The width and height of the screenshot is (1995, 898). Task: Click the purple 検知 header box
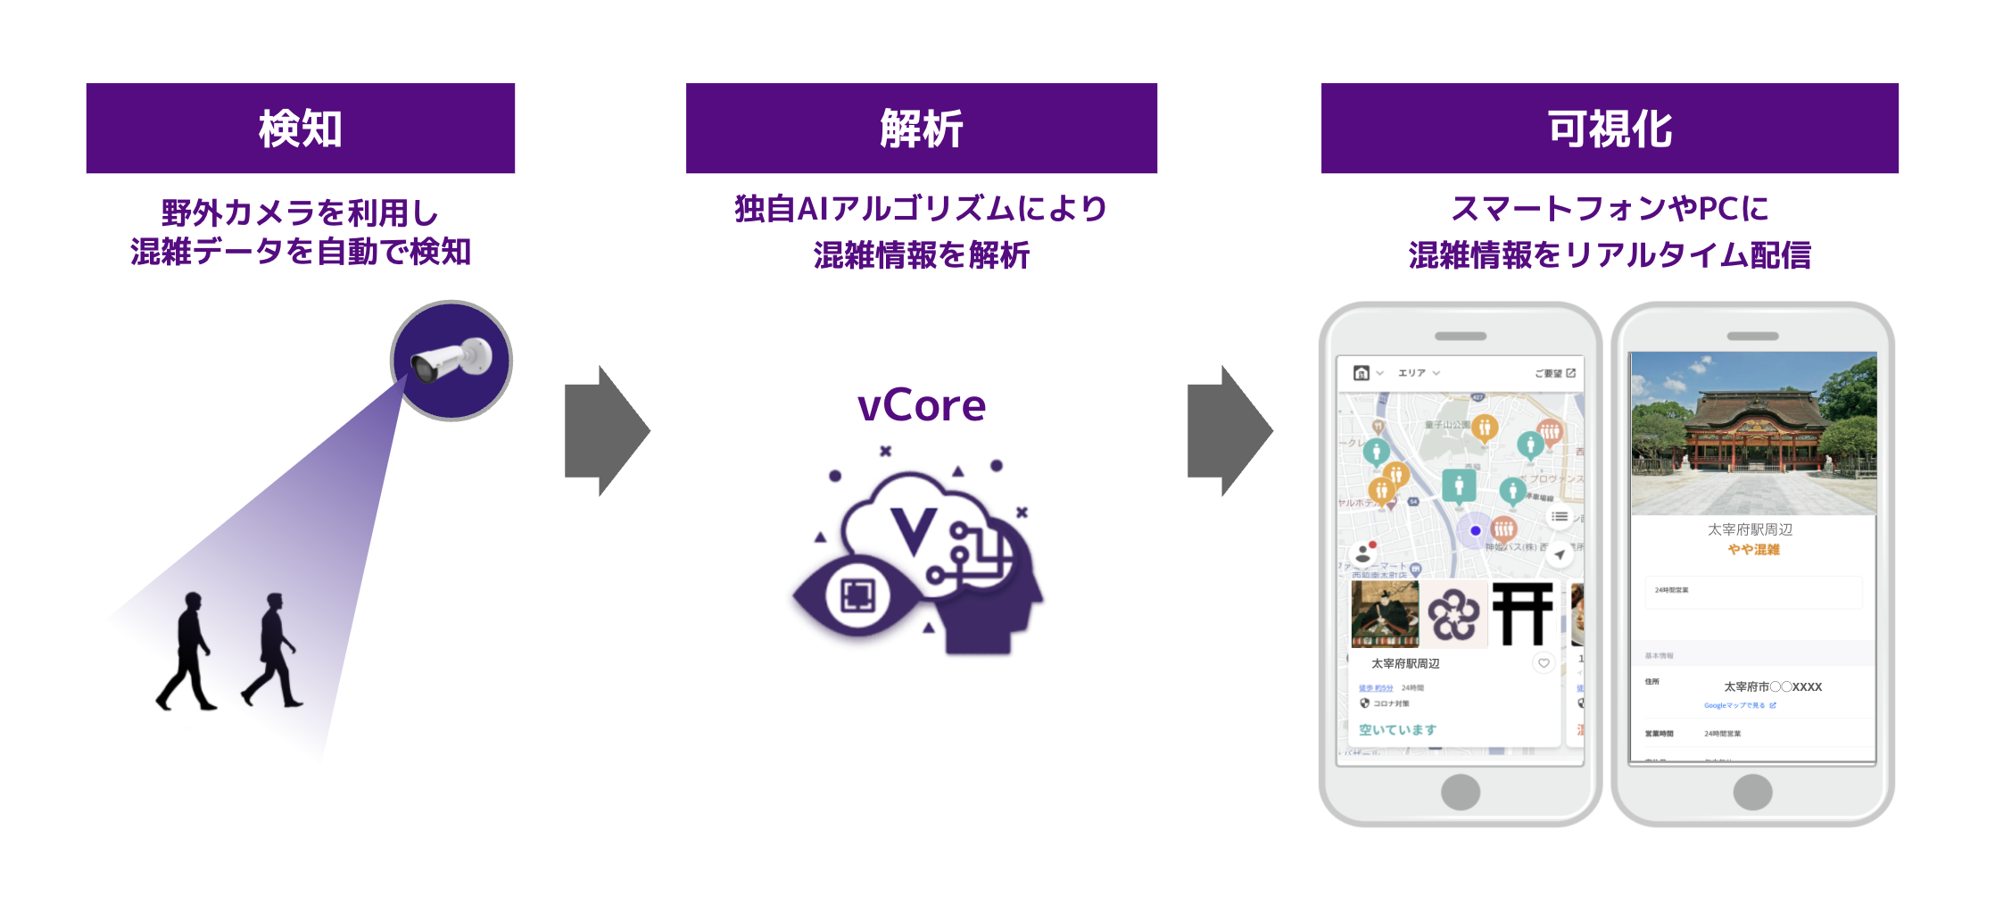click(300, 129)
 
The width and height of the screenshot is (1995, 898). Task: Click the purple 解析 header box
click(921, 129)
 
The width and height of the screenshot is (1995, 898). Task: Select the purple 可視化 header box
click(1609, 129)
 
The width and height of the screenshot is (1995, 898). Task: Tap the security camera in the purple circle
click(451, 361)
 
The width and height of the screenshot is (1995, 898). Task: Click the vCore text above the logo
click(921, 406)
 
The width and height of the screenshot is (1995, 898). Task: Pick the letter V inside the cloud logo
click(915, 531)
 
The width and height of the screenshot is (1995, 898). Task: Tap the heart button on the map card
click(1544, 662)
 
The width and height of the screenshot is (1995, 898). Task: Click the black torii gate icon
click(1523, 614)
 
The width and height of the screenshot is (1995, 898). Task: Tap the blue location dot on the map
click(1476, 530)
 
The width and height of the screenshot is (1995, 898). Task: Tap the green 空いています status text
click(1397, 729)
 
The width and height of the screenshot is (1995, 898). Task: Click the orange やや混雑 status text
click(1753, 550)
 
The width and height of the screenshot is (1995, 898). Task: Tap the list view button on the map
click(1560, 516)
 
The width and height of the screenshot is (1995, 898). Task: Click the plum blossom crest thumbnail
click(1453, 615)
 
